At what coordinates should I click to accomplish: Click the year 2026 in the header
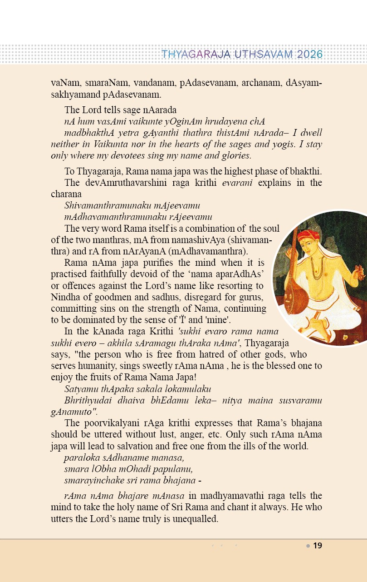(310, 55)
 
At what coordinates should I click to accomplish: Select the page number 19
(318, 546)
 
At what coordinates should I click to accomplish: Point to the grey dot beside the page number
(308, 546)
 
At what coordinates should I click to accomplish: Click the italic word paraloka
(80, 458)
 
